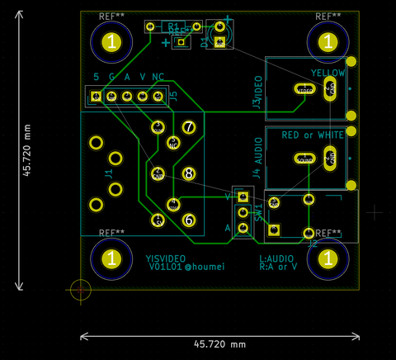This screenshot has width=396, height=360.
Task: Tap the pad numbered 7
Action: pos(189,127)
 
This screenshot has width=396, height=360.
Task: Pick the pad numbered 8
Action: pos(189,173)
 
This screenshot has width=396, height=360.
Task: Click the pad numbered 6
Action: pos(189,220)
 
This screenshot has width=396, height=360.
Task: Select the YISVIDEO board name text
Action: pos(167,258)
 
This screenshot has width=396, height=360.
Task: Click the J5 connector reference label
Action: pos(173,97)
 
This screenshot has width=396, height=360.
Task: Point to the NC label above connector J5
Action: pos(158,78)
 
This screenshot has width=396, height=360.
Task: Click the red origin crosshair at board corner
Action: pos(81,289)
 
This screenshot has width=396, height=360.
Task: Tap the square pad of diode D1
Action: pos(219,42)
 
